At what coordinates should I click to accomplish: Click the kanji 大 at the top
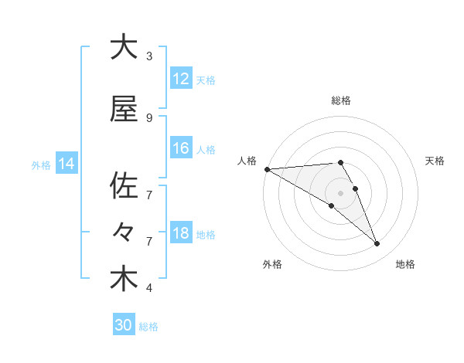[x=124, y=48]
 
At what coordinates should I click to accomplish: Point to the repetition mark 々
[x=124, y=232]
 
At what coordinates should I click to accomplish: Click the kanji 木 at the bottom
[x=124, y=280]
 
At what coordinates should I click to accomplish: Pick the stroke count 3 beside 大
[x=149, y=56]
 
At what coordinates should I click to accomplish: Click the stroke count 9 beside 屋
[x=149, y=118]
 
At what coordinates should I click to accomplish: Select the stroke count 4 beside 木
[x=149, y=288]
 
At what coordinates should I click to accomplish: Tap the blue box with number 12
[x=181, y=79]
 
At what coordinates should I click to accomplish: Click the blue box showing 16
[x=181, y=148]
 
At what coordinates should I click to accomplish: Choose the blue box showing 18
[x=181, y=233]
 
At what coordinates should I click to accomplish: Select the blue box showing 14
[x=67, y=164]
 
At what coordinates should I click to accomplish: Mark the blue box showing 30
[x=124, y=325]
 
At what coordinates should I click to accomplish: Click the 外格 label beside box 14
[x=41, y=165]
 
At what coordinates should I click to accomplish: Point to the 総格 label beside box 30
[x=149, y=327]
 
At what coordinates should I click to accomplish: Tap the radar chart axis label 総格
[x=341, y=100]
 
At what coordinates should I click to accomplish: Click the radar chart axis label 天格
[x=435, y=161]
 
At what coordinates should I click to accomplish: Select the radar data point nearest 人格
[x=267, y=169]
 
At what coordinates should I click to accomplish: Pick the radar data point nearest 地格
[x=377, y=244]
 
